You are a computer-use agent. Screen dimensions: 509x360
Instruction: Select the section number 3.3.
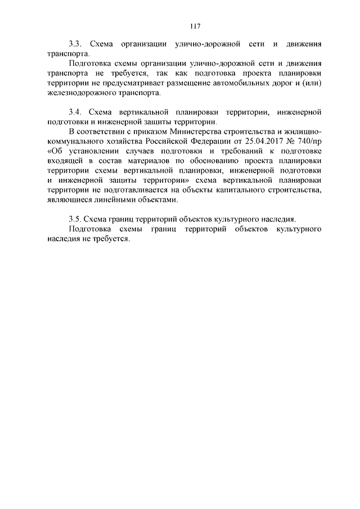point(75,43)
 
